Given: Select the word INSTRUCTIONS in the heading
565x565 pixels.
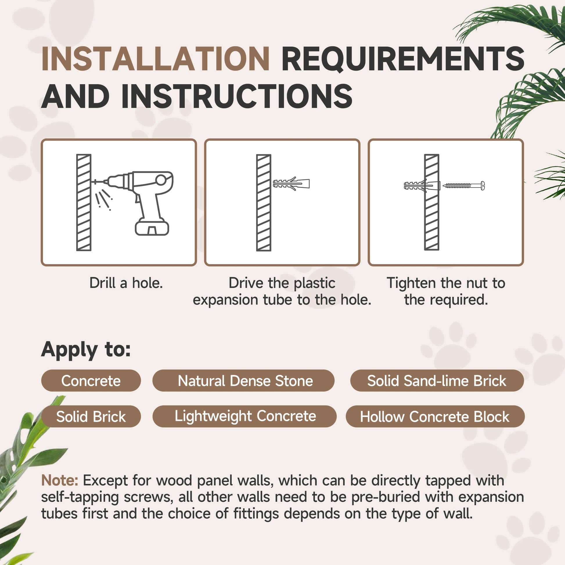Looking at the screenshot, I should pyautogui.click(x=237, y=96).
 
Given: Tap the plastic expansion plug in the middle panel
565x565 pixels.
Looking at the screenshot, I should pyautogui.click(x=291, y=184).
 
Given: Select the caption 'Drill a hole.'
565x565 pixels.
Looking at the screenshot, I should pyautogui.click(x=126, y=283).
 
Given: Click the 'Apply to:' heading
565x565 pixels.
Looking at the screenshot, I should pyautogui.click(x=86, y=350).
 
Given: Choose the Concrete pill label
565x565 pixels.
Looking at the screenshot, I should pyautogui.click(x=91, y=381).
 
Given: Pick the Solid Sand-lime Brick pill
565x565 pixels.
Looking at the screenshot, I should pyautogui.click(x=437, y=381).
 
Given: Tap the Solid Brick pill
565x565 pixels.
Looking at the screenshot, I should pyautogui.click(x=91, y=416).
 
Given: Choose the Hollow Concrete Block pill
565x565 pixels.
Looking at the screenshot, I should pyautogui.click(x=435, y=416).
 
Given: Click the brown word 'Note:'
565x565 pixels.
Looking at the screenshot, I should pyautogui.click(x=60, y=480).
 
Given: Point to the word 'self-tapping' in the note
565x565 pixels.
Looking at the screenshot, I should pyautogui.click(x=80, y=497).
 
